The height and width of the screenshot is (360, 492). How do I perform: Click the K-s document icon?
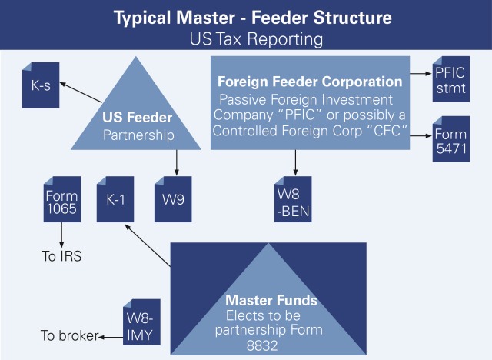point(41,87)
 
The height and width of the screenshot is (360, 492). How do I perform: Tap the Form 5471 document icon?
point(450,138)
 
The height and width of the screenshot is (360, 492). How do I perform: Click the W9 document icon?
point(173,199)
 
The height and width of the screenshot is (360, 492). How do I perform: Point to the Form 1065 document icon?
point(61,199)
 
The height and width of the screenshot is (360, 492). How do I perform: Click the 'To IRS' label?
point(61,256)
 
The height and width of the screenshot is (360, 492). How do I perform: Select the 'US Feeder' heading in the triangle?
point(137,118)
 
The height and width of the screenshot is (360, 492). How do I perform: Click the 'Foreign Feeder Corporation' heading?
point(310,82)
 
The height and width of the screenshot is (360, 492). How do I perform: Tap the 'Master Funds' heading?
point(261,299)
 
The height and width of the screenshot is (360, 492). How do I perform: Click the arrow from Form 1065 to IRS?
point(61,234)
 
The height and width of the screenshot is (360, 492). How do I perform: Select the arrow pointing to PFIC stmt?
point(420,74)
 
